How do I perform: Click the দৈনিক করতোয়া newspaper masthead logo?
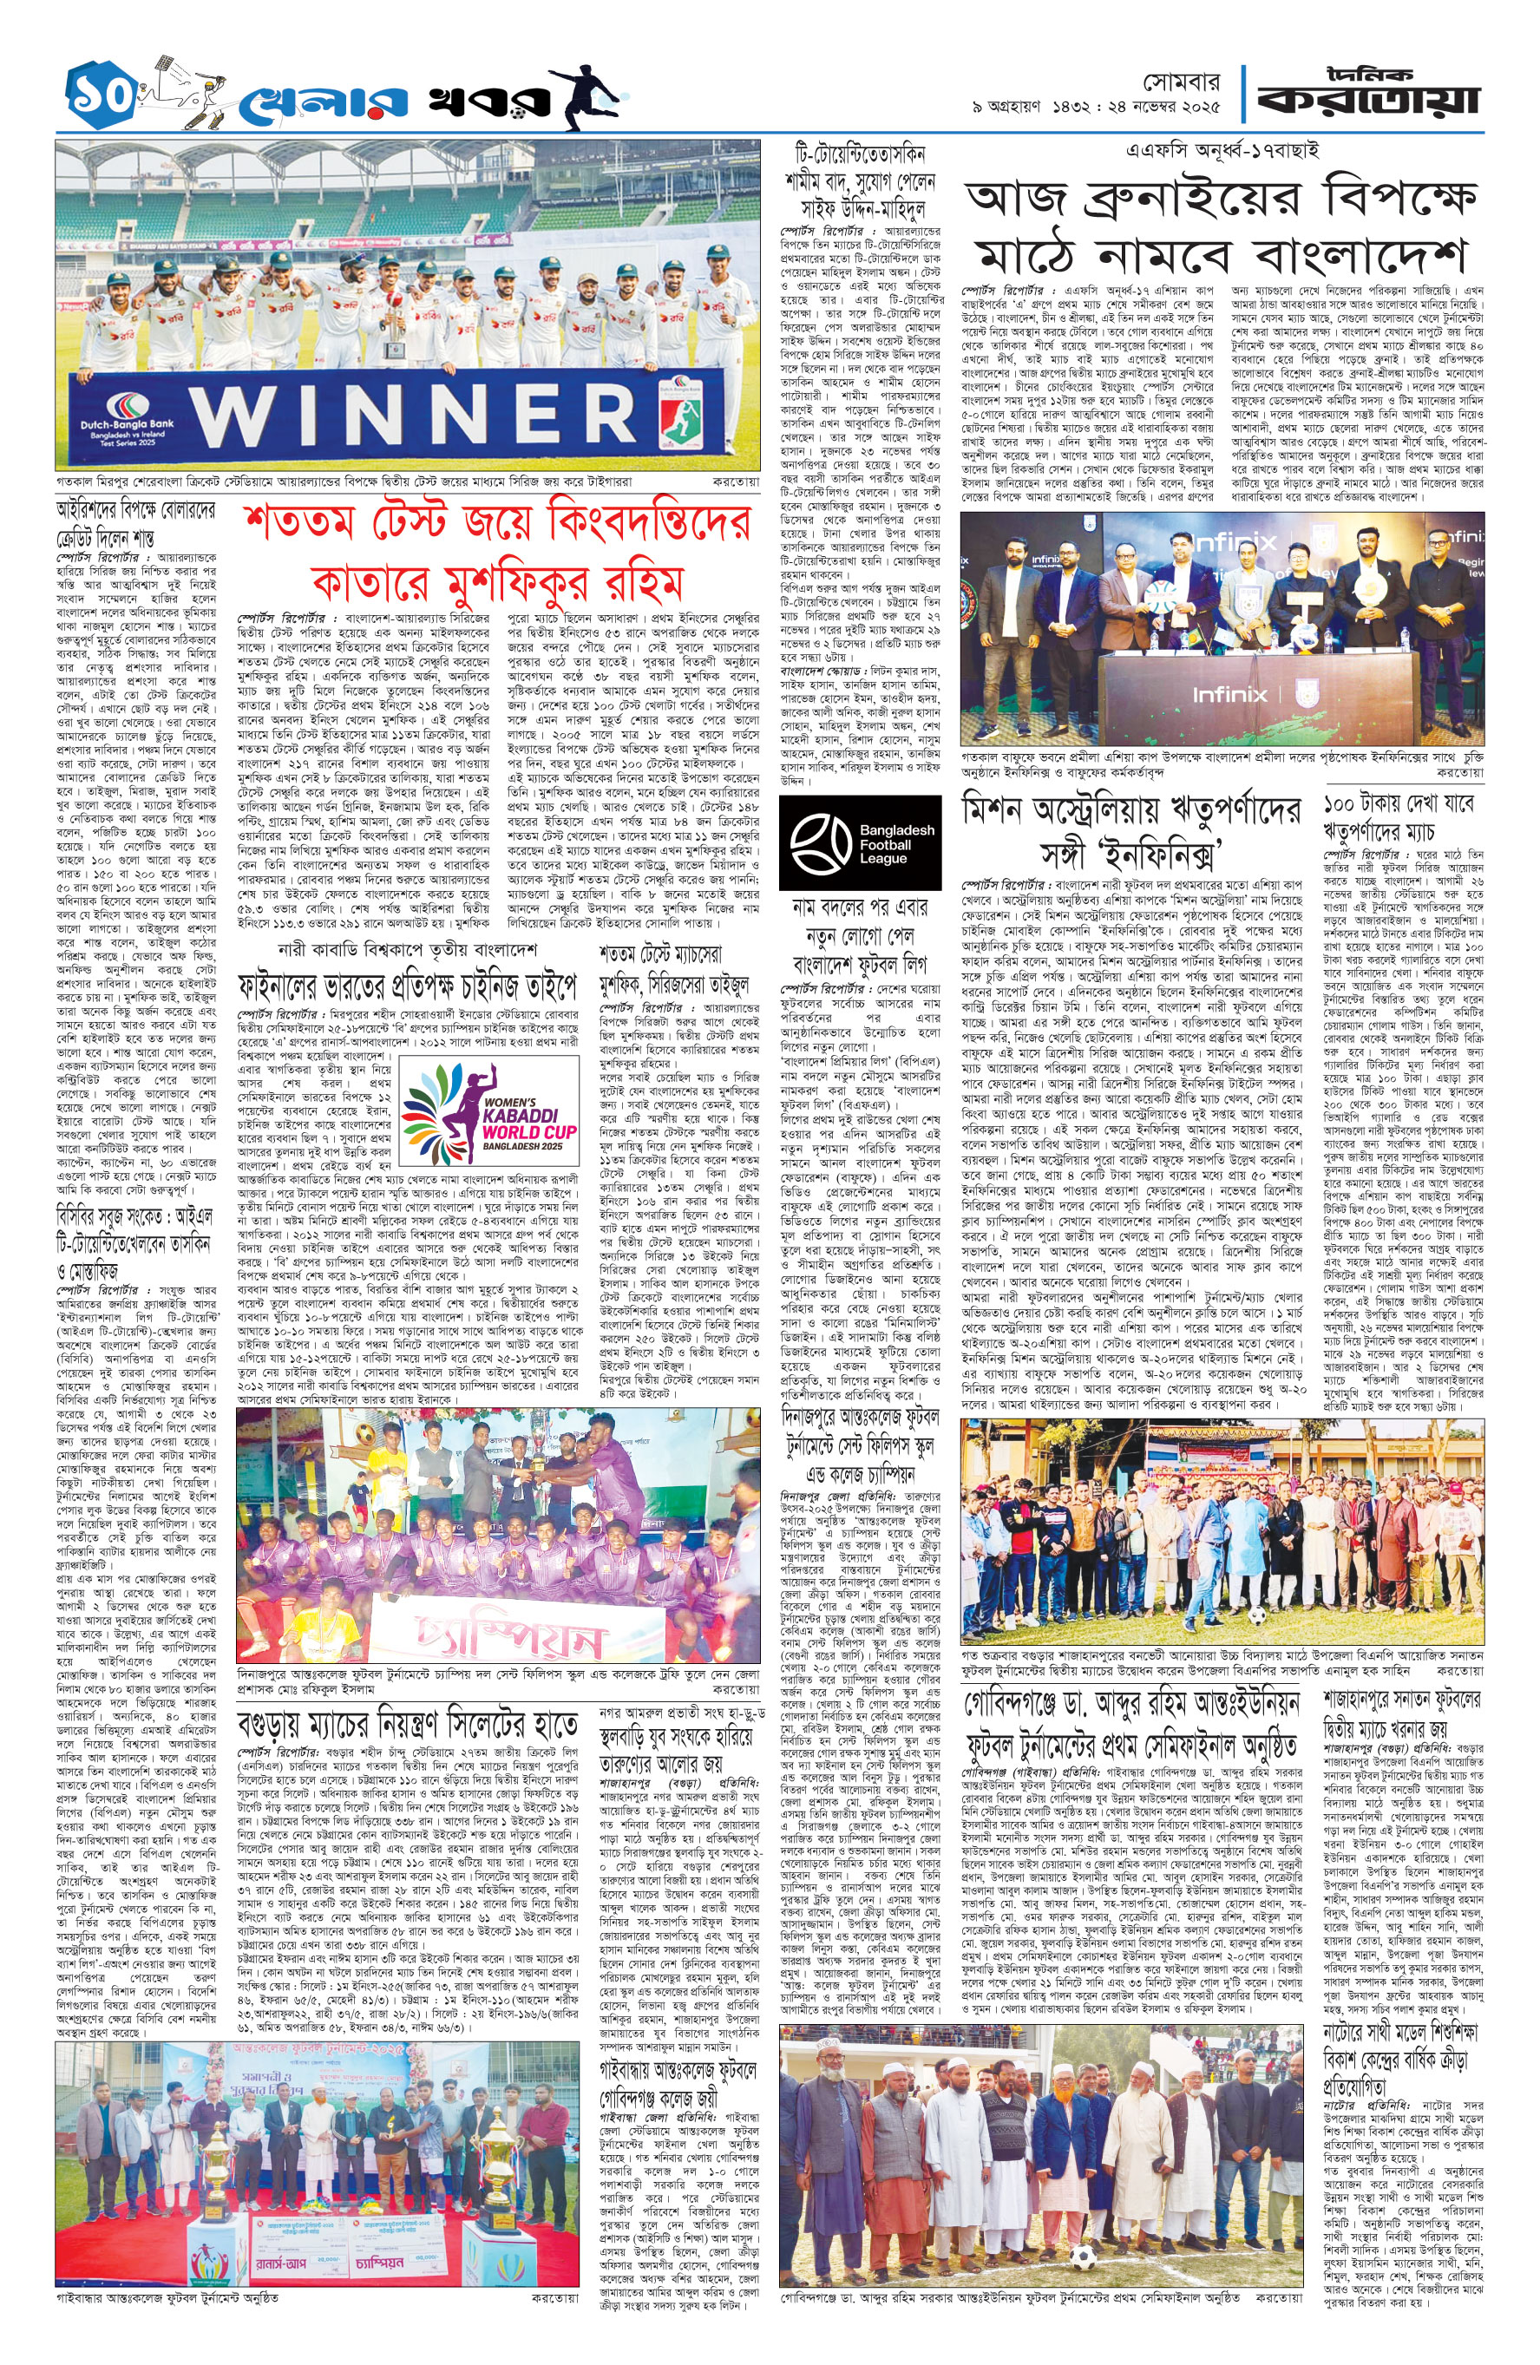pos(1367,94)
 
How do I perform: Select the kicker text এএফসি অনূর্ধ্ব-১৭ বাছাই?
pos(1222,151)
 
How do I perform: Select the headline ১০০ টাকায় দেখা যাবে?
pos(1398,803)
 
